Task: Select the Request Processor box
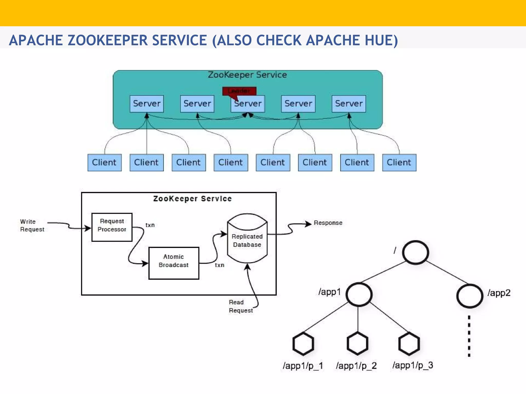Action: tap(112, 227)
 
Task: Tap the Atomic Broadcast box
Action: tap(174, 263)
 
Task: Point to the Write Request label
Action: tap(32, 225)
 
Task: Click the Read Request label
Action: tap(240, 306)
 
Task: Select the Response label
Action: tap(328, 223)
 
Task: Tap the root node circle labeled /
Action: tap(415, 252)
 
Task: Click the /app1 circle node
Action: tap(359, 294)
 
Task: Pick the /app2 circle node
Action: tap(469, 296)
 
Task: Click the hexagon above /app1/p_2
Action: tap(357, 343)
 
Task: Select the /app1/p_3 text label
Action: tap(412, 365)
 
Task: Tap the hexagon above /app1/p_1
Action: tap(303, 344)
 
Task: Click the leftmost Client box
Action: tap(104, 162)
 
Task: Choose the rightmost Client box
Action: tap(399, 162)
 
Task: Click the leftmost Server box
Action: tap(147, 104)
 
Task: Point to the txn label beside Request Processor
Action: tap(150, 225)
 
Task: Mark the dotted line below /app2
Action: tap(469, 336)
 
